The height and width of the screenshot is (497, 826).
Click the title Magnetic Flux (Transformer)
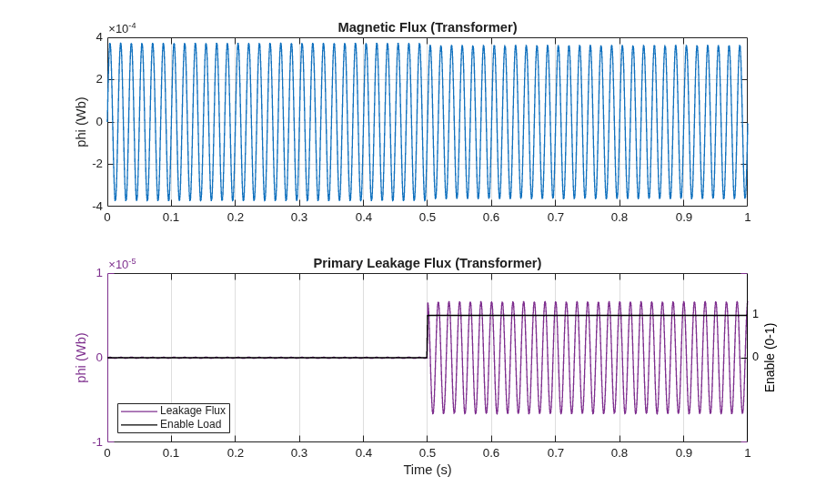pyautogui.click(x=428, y=27)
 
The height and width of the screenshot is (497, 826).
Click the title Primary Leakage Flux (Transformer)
pyautogui.click(x=428, y=263)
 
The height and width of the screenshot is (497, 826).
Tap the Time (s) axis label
pyautogui.click(x=428, y=470)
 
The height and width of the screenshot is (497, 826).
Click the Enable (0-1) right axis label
pyautogui.click(x=770, y=358)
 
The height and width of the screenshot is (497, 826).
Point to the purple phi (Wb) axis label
pyautogui.click(x=82, y=358)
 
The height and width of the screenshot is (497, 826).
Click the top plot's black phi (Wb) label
pyautogui.click(x=82, y=122)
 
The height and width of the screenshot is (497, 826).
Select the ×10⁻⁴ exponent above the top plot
pyautogui.click(x=122, y=28)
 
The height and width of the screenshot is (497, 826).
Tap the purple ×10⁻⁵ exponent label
pyautogui.click(x=122, y=264)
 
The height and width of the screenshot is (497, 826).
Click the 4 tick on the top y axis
pyautogui.click(x=99, y=37)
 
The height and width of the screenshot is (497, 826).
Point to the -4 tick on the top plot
pyautogui.click(x=97, y=206)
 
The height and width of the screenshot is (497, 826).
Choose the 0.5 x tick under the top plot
pyautogui.click(x=428, y=218)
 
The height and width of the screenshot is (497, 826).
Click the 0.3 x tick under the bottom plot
pyautogui.click(x=299, y=452)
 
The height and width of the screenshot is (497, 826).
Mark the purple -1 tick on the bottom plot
pyautogui.click(x=97, y=441)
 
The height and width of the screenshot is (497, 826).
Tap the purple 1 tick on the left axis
pyautogui.click(x=99, y=273)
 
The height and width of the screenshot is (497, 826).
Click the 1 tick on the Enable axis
pyautogui.click(x=755, y=314)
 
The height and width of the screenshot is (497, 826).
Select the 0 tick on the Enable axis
pyautogui.click(x=755, y=357)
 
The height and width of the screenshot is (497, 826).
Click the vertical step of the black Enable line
pyautogui.click(x=427, y=336)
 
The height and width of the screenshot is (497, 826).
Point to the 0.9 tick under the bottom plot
pyautogui.click(x=683, y=452)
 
